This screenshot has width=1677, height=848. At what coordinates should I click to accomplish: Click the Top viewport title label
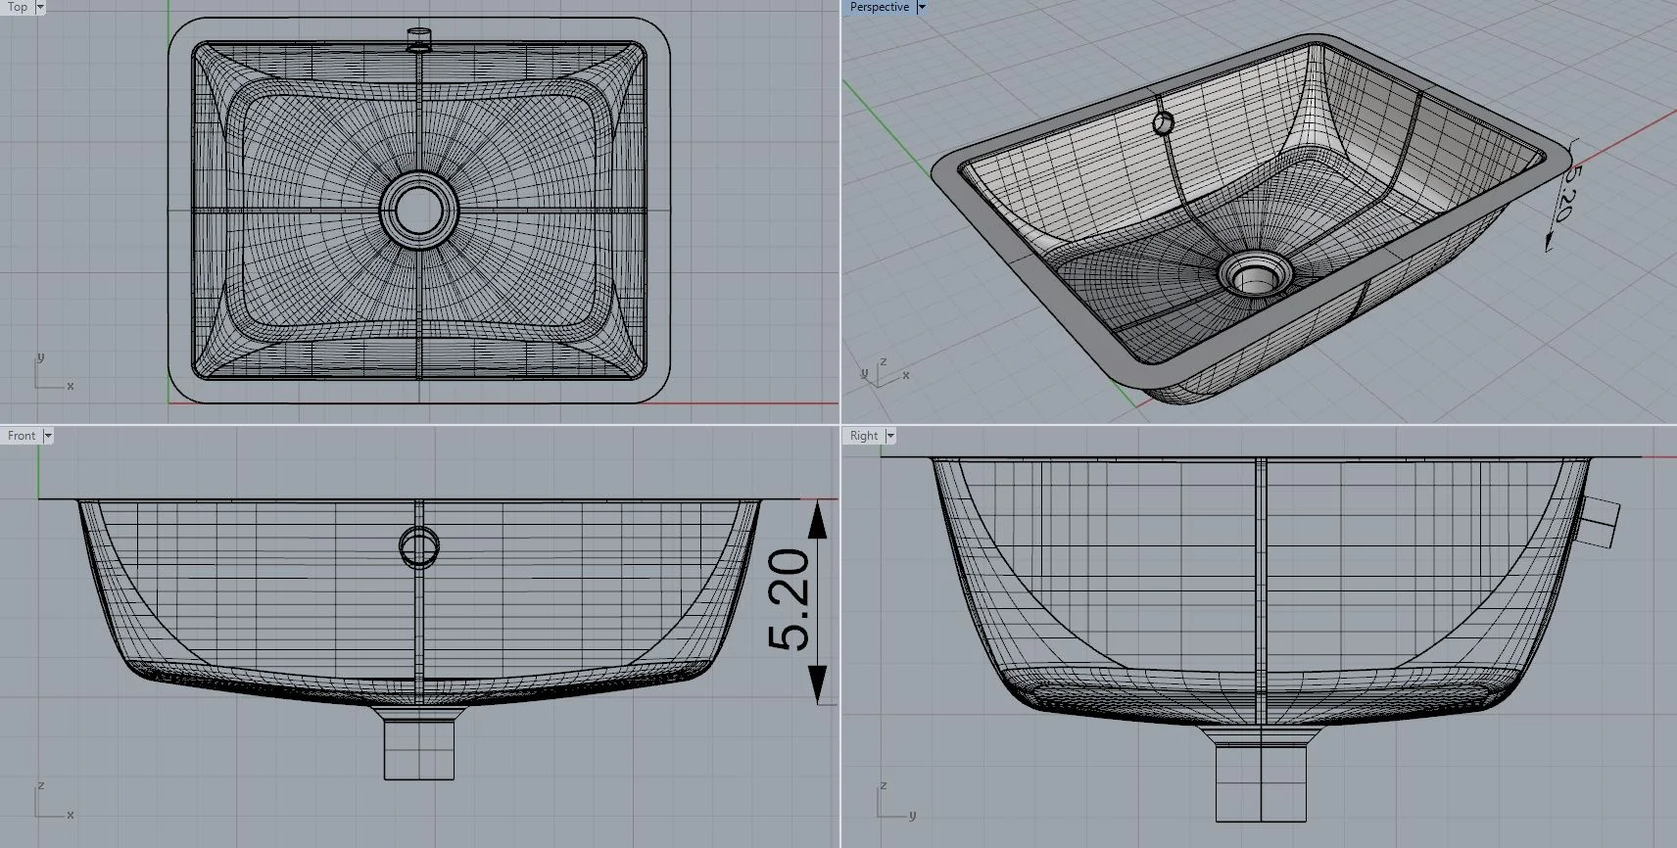point(18,7)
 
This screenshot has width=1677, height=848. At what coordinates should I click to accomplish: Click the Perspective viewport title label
point(879,7)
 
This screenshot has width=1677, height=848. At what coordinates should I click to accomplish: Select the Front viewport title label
point(21,436)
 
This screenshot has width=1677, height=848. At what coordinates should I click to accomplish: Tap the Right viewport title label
point(863,436)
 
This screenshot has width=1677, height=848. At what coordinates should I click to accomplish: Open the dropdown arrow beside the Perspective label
point(922,7)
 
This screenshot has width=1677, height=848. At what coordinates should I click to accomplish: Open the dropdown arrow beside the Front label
point(48,436)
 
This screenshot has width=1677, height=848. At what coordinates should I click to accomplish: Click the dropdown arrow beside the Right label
point(890,436)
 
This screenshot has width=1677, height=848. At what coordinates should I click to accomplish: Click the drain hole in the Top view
point(419,210)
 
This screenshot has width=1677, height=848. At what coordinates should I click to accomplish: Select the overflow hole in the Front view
point(419,547)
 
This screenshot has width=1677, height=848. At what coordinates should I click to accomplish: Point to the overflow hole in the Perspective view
point(1163,123)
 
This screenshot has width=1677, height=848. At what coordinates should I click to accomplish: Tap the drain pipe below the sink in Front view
point(419,746)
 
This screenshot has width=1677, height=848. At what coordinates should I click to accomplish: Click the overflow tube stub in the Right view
point(1600,522)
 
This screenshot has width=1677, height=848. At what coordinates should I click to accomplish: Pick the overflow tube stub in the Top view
point(419,37)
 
